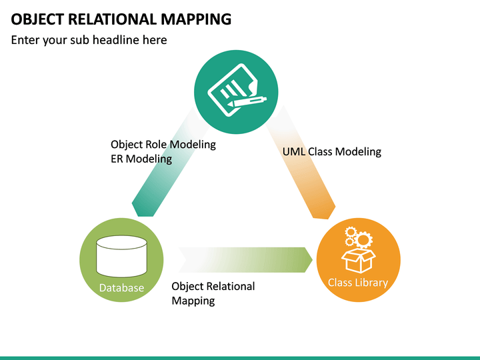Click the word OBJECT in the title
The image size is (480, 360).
click(37, 19)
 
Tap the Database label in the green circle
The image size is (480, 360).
click(121, 288)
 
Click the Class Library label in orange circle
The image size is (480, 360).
click(358, 283)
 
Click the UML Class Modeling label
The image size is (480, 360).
click(332, 151)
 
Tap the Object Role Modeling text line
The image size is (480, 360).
click(163, 144)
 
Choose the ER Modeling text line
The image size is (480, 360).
click(141, 159)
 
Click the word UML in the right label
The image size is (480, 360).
click(294, 151)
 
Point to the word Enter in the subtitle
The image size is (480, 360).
click(25, 40)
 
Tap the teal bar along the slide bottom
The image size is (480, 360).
click(240, 357)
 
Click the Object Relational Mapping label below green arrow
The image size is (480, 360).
click(213, 293)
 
